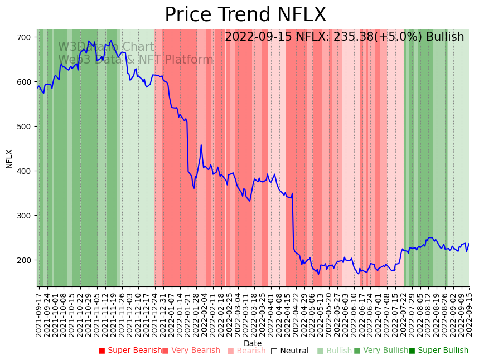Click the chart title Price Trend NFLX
245,15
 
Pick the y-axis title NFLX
9,158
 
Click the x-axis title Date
253,343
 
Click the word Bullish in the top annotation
444,37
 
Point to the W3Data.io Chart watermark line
106,47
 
